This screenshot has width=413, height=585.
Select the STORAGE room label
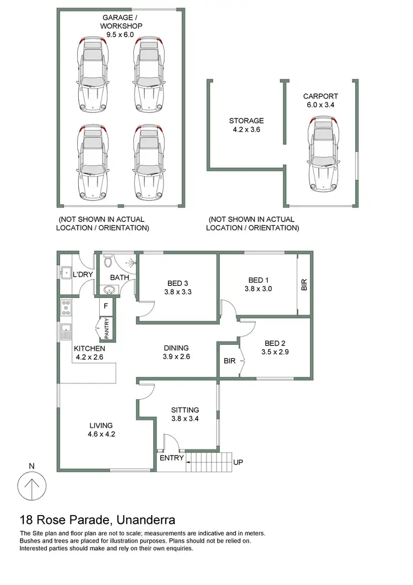(x=247, y=121)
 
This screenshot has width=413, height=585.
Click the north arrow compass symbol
(x=31, y=487)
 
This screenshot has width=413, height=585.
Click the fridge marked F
(x=106, y=305)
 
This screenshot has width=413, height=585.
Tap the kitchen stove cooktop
(x=66, y=307)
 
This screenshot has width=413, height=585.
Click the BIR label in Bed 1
(x=304, y=284)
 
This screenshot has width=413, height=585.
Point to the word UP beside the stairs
(x=238, y=462)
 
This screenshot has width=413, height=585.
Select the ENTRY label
(x=171, y=458)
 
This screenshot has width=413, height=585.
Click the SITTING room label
(x=184, y=410)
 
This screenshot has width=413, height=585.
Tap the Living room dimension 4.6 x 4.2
(x=101, y=434)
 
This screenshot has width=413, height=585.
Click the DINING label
(x=176, y=348)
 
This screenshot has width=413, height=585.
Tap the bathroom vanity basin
(x=106, y=290)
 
